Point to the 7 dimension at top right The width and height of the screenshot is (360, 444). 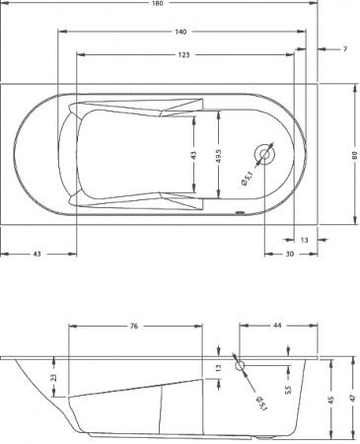tap(345, 48)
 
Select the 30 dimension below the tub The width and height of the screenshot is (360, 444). tap(289, 255)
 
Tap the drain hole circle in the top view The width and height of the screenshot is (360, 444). tap(266, 154)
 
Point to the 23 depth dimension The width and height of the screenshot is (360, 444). tap(54, 376)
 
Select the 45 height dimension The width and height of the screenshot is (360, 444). tap(331, 399)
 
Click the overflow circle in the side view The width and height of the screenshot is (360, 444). tap(240, 365)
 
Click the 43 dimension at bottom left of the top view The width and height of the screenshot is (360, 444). tap(37, 255)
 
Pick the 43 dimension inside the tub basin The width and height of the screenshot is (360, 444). tap(193, 155)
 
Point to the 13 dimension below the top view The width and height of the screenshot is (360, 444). tap(304, 239)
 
